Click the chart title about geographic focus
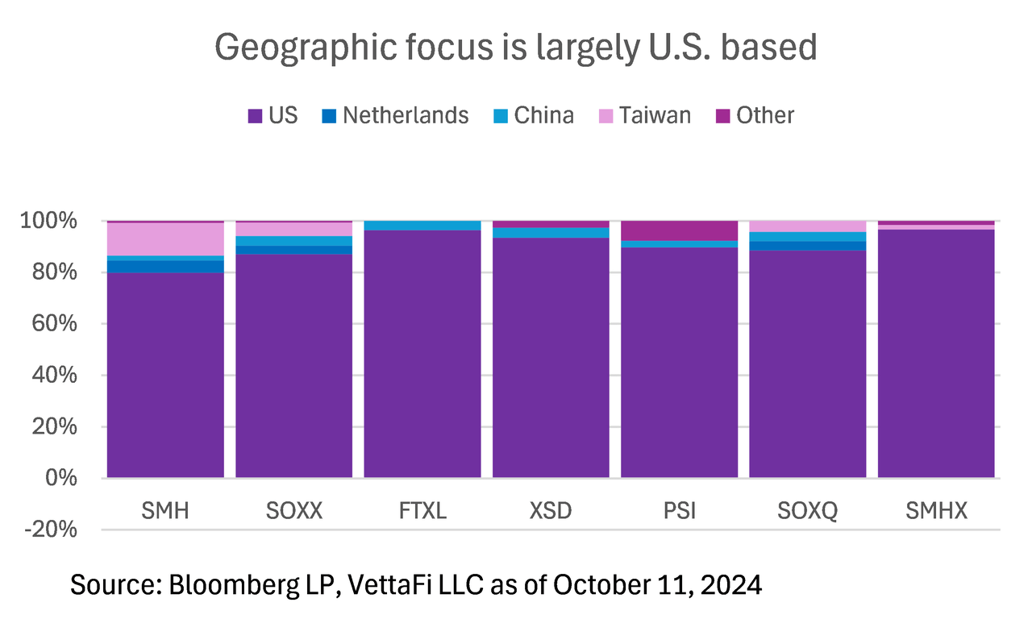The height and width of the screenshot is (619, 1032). tap(516, 48)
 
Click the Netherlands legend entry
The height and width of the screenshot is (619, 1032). tap(395, 115)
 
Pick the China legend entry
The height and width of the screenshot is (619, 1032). tap(534, 115)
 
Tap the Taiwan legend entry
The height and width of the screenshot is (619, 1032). tap(644, 115)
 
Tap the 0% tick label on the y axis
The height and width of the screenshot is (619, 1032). tap(62, 478)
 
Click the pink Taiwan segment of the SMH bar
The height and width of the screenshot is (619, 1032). tap(165, 239)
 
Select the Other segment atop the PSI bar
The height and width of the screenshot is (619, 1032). tap(680, 231)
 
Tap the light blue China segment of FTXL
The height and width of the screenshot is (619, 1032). tap(422, 226)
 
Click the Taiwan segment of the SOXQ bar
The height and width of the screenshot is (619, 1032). tap(808, 226)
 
